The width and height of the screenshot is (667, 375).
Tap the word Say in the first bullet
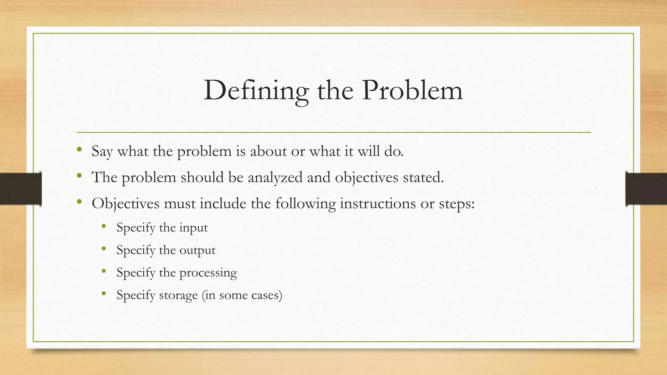102,151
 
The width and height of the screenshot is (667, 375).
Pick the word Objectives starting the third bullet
125,204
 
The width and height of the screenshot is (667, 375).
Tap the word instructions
378,204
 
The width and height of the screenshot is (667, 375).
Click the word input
193,228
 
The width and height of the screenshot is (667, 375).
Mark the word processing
208,273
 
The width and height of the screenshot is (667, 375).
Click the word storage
178,295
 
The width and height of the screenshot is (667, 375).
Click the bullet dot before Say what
79,150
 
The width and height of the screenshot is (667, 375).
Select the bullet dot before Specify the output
104,249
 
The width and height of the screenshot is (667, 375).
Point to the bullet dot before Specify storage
104,294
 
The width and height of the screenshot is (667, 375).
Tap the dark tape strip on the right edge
646,189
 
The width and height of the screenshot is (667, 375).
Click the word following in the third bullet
305,204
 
